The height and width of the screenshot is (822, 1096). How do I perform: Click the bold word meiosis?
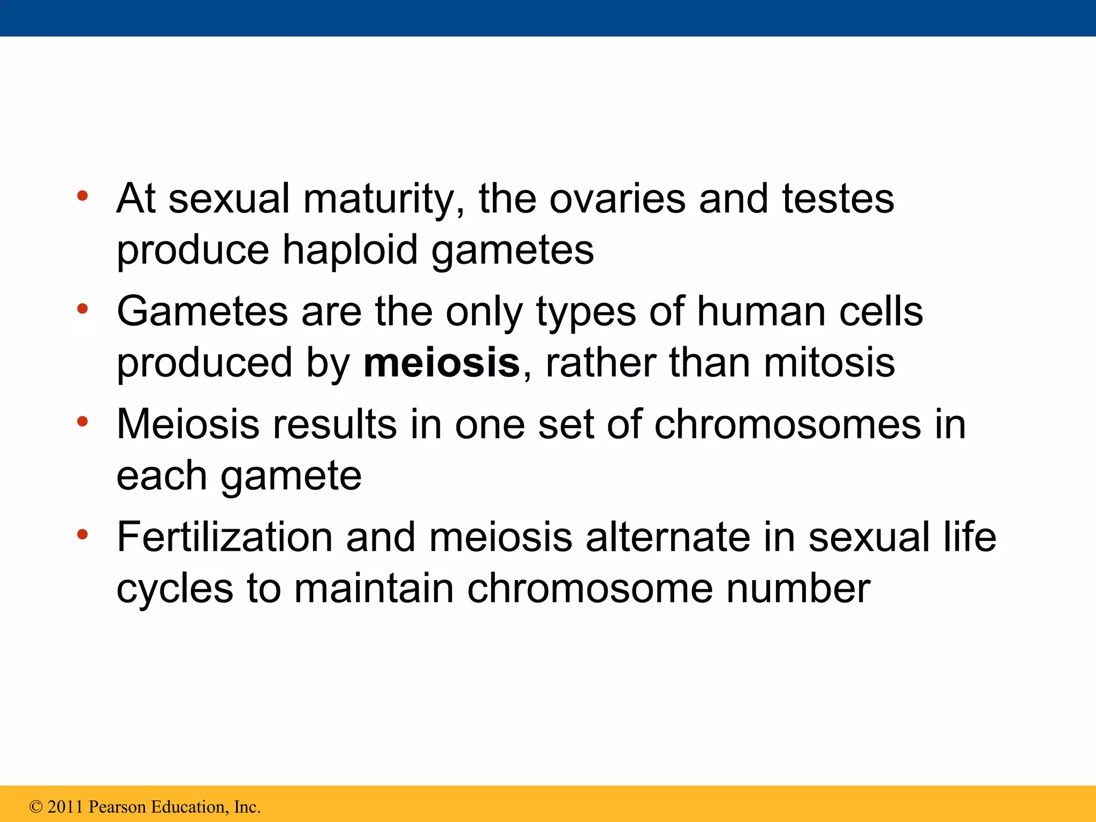tap(442, 363)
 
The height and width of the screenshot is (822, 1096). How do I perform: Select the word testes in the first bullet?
tap(838, 199)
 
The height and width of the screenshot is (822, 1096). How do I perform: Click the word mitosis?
tap(829, 363)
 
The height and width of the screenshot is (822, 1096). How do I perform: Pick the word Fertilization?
tap(225, 537)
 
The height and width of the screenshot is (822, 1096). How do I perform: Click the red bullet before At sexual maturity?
tap(82, 196)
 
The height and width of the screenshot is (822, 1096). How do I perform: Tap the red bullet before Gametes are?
tap(82, 309)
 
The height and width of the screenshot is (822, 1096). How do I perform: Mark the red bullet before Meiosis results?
tap(82, 422)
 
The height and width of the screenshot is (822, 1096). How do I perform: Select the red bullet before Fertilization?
tap(82, 534)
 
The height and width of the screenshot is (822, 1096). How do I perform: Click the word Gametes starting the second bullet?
tap(202, 311)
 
